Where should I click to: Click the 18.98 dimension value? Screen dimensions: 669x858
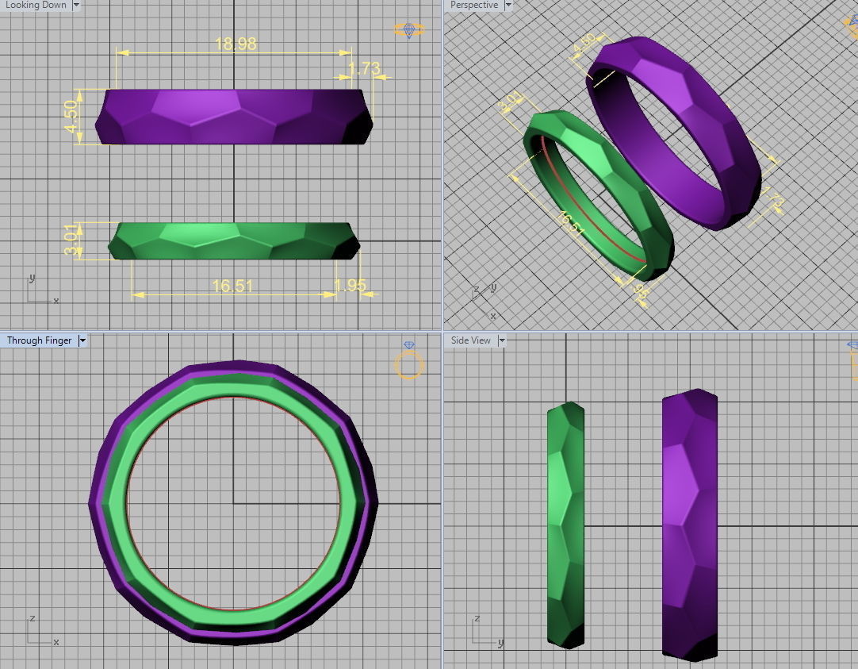(236, 44)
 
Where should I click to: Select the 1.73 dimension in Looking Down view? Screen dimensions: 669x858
(364, 68)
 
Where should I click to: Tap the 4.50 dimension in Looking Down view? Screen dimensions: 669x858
(72, 117)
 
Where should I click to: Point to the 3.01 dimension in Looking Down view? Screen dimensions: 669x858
(72, 240)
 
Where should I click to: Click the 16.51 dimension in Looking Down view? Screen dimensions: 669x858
(232, 286)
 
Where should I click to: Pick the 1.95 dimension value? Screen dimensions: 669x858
(350, 286)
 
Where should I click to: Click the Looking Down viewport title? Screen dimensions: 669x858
(36, 5)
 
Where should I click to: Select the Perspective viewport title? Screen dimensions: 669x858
(474, 5)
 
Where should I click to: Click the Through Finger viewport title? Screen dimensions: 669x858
(39, 340)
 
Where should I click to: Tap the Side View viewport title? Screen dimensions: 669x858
(471, 340)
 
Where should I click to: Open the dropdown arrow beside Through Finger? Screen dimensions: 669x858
(82, 340)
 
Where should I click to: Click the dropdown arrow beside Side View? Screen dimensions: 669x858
(501, 340)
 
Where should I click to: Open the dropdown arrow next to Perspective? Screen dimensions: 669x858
(508, 5)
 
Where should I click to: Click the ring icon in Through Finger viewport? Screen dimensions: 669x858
(409, 363)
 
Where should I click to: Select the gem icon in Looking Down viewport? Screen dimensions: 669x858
(409, 30)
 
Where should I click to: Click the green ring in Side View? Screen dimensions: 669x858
(565, 524)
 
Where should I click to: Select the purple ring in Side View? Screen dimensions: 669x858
(689, 524)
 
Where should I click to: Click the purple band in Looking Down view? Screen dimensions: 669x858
(234, 117)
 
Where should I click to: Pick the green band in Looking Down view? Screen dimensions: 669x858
(234, 240)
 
